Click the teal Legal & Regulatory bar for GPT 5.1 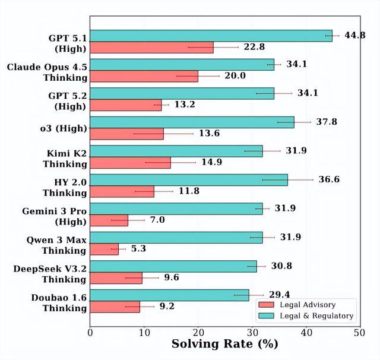(x=211, y=36)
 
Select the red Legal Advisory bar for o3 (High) (x=126, y=134)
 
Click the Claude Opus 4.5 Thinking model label (x=47, y=71)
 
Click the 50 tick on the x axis (x=359, y=333)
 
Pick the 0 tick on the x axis (x=90, y=333)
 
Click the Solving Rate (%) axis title (x=224, y=344)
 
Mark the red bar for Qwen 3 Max (x=104, y=249)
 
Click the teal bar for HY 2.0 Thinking (x=189, y=179)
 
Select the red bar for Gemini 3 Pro (x=109, y=220)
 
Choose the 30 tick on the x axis (x=251, y=333)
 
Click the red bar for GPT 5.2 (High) (x=126, y=105)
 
